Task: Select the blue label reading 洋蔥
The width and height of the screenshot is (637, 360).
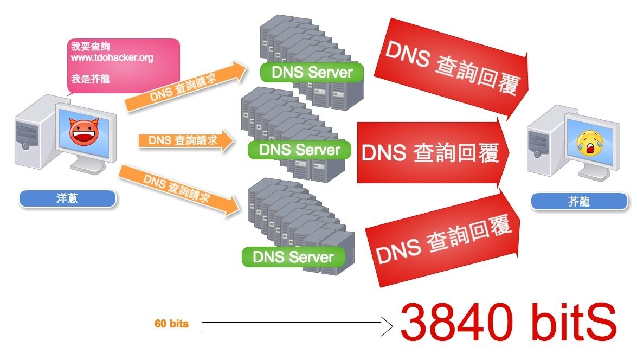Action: pos(67,198)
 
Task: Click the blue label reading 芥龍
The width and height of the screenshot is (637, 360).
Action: pos(579,202)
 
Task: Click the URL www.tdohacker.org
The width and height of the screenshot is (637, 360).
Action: pos(112,57)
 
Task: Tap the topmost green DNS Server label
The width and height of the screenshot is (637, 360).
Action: pos(312,73)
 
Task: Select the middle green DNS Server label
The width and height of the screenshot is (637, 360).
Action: pos(299,150)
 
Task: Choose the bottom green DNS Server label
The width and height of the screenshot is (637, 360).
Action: pos(293,256)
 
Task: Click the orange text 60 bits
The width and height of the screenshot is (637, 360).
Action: pos(171,324)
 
